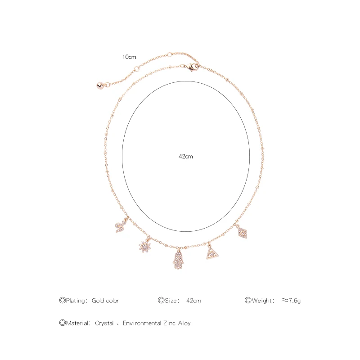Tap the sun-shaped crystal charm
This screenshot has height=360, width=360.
click(x=145, y=246)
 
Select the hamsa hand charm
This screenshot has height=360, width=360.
click(x=178, y=260)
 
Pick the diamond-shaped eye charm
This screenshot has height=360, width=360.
click(x=243, y=233)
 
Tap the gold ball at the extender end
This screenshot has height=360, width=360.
click(x=100, y=85)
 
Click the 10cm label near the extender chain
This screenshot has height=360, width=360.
click(x=129, y=57)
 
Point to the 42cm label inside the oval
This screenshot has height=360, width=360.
click(x=186, y=156)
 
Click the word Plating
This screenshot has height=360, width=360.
click(x=75, y=301)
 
